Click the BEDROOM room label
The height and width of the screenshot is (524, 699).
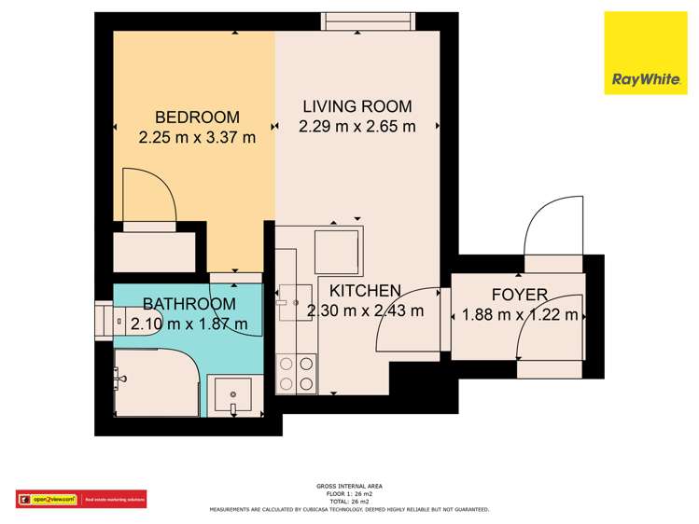(197, 117)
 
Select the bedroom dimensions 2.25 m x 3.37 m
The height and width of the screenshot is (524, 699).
(197, 138)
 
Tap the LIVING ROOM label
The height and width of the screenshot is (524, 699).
(356, 106)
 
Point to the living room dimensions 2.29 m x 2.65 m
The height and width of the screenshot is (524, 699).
(356, 127)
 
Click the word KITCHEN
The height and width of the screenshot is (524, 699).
(359, 291)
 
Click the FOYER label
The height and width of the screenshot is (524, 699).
(519, 295)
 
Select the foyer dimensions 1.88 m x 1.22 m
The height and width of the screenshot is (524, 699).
(520, 315)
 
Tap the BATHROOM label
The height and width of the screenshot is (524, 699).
(189, 304)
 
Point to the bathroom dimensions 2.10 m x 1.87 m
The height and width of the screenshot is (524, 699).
(189, 324)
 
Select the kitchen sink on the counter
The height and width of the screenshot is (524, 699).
(294, 300)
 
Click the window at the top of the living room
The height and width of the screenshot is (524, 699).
(367, 20)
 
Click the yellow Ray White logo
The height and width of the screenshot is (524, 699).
(645, 53)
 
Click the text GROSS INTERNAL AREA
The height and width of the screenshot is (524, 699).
(349, 486)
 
